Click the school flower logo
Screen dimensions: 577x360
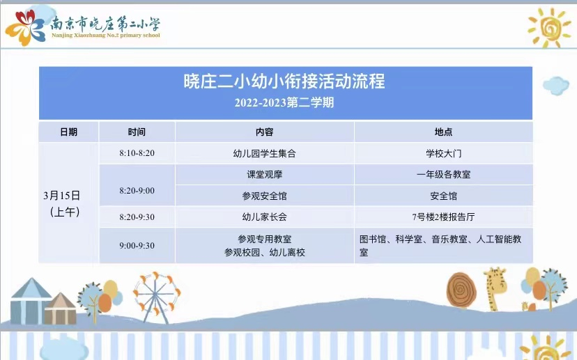25,28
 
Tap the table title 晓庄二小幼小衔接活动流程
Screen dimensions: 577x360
284,81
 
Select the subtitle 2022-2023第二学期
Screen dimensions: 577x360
284,102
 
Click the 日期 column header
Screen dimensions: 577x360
68,132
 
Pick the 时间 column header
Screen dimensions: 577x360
137,132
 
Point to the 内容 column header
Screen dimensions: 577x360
265,132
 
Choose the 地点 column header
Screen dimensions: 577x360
443,132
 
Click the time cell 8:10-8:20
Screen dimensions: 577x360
137,153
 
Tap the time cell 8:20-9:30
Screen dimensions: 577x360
137,217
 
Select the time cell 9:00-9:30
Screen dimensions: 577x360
137,245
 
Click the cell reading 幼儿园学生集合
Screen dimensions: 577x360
265,153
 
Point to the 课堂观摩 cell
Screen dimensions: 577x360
265,174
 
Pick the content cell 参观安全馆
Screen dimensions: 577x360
265,196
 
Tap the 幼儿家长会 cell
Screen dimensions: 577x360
265,217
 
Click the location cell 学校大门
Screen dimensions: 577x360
443,153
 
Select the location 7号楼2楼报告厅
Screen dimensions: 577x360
443,217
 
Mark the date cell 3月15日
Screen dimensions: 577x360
62,196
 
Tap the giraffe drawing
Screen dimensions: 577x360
495,289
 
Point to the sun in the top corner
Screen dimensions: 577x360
548,28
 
